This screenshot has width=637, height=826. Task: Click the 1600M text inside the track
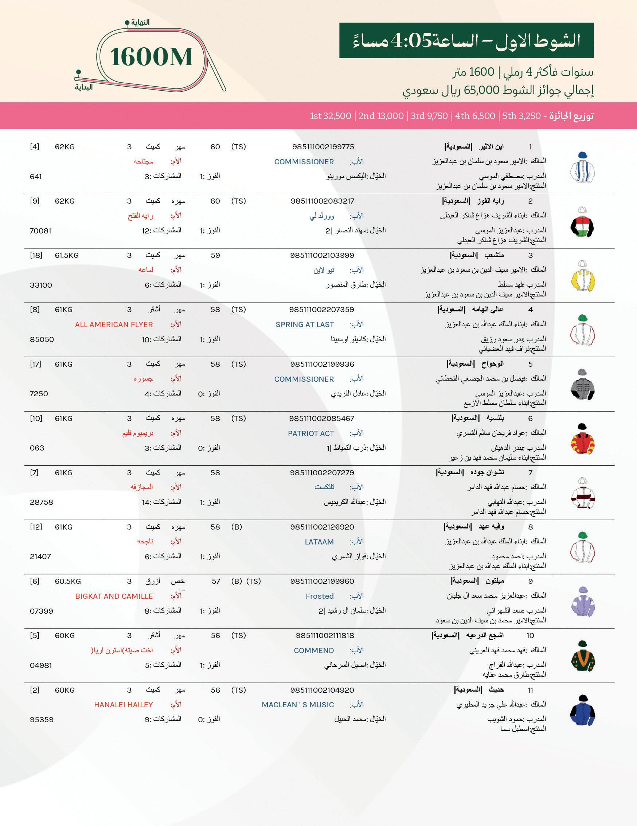pyautogui.click(x=151, y=57)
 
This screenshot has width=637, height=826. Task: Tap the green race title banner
pyautogui.click(x=466, y=40)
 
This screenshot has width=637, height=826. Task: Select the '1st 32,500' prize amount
pyautogui.click(x=331, y=116)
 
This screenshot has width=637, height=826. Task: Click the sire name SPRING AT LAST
pyautogui.click(x=305, y=324)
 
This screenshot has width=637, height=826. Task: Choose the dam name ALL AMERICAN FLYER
pyautogui.click(x=114, y=324)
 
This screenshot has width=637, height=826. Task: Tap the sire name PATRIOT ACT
pyautogui.click(x=311, y=433)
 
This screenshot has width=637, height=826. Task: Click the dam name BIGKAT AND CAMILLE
pyautogui.click(x=114, y=597)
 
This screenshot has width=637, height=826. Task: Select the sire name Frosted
pyautogui.click(x=320, y=597)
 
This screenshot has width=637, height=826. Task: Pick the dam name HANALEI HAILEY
pyautogui.click(x=124, y=705)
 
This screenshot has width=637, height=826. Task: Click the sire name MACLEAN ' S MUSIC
pyautogui.click(x=298, y=705)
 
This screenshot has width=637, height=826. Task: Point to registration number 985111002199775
pyautogui.click(x=323, y=147)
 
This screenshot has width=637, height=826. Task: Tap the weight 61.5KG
pyautogui.click(x=67, y=255)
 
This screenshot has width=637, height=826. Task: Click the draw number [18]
pyautogui.click(x=36, y=255)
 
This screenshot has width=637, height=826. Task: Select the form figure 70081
pyautogui.click(x=40, y=231)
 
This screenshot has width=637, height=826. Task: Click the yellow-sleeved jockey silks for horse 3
pyautogui.click(x=582, y=276)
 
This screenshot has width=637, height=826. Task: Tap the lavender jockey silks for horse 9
pyautogui.click(x=582, y=602)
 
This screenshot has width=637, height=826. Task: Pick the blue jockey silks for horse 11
pyautogui.click(x=582, y=710)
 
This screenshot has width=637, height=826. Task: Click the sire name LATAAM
pyautogui.click(x=319, y=542)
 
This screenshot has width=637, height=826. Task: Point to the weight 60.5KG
pyautogui.click(x=68, y=581)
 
